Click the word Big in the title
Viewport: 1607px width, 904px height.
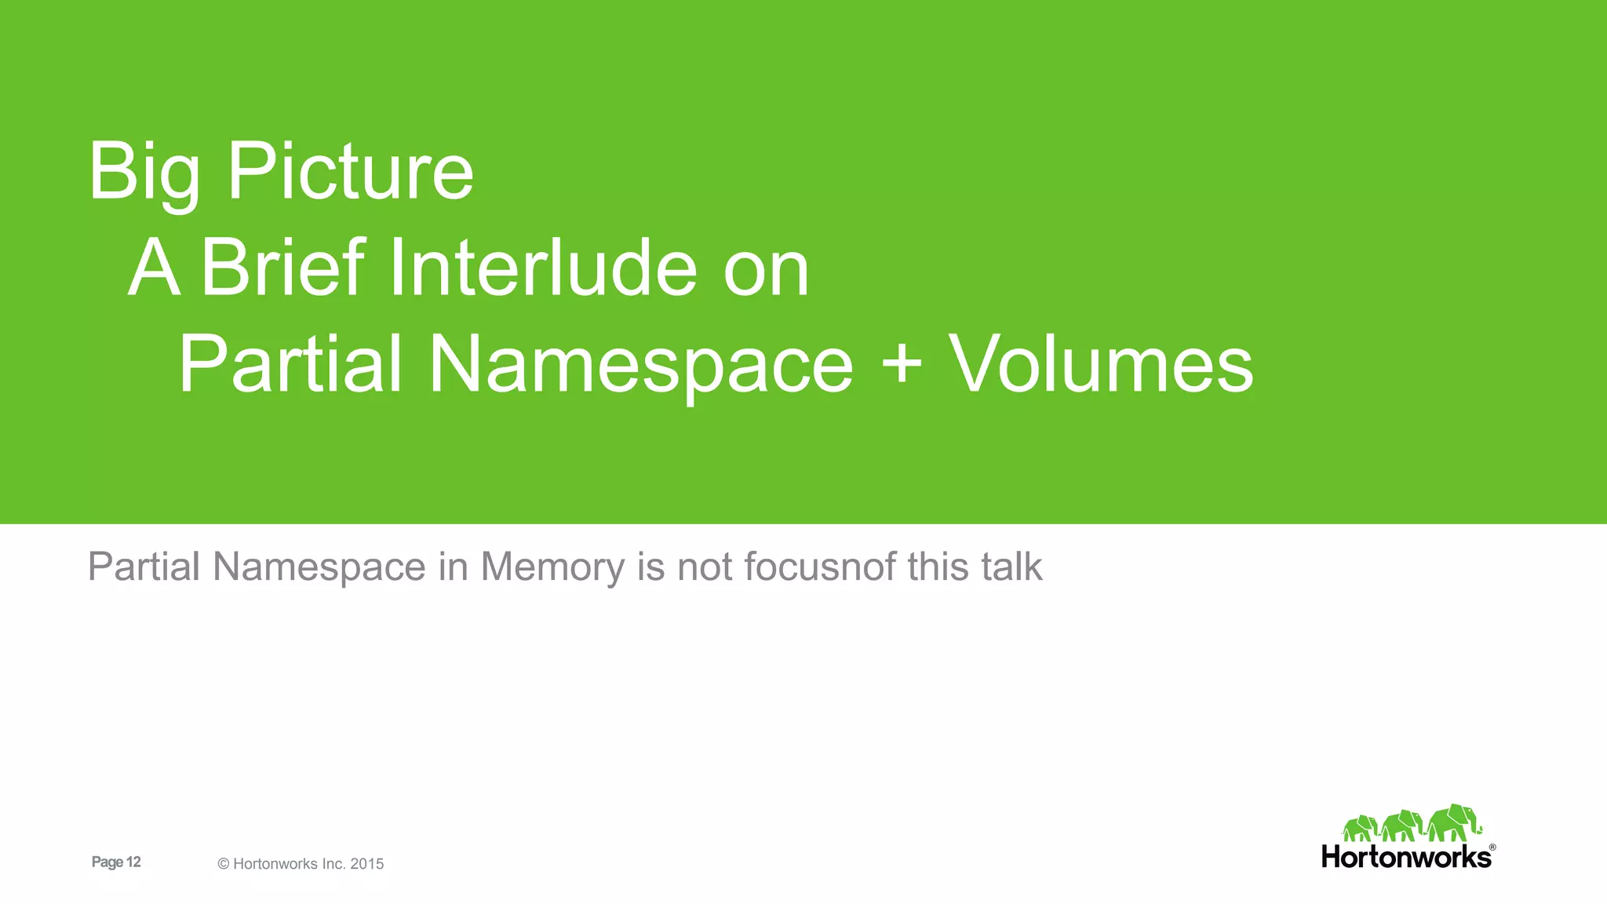click(x=143, y=173)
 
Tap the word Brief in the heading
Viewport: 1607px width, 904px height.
click(x=283, y=268)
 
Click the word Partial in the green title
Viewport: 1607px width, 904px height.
click(x=290, y=364)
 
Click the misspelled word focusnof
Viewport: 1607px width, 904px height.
click(x=819, y=567)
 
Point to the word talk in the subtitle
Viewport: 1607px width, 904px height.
click(x=1011, y=567)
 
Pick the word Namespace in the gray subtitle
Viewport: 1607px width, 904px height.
click(x=319, y=567)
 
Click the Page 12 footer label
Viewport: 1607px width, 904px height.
click(x=116, y=862)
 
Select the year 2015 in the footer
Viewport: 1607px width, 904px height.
click(x=367, y=864)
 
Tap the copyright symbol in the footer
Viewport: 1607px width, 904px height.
click(x=224, y=864)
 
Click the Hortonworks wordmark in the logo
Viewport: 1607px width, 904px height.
click(x=1405, y=857)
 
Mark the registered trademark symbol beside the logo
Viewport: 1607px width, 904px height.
click(x=1492, y=847)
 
